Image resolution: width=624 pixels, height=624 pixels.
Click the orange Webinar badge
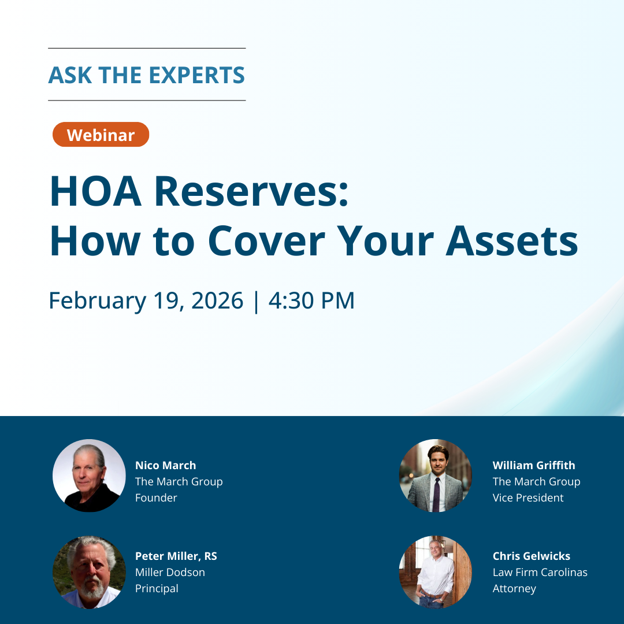pos(101,135)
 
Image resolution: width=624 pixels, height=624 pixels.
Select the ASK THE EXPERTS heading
pos(147,75)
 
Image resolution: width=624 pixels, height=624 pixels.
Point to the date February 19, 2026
pos(146,301)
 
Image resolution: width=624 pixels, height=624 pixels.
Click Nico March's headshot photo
pos(89,476)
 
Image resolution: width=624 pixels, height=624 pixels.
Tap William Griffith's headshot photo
pos(436,476)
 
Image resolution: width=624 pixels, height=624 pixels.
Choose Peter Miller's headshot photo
pos(89,572)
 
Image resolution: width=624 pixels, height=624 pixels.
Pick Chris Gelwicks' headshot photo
pos(436,572)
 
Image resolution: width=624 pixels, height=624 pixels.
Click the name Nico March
pos(165,465)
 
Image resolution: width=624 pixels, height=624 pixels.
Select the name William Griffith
pos(534,465)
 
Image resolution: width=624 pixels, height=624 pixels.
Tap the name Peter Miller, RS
pos(176,556)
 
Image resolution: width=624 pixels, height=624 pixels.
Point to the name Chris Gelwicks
pos(531,556)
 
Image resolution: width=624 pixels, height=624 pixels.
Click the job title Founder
pos(156,497)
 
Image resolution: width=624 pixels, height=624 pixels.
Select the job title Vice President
pos(528,497)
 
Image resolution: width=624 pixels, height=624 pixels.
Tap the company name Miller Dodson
pos(170,572)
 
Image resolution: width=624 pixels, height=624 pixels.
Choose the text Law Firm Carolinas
pos(540,572)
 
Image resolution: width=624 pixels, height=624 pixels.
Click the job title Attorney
pos(514,588)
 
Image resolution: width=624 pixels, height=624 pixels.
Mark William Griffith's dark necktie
pos(436,494)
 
